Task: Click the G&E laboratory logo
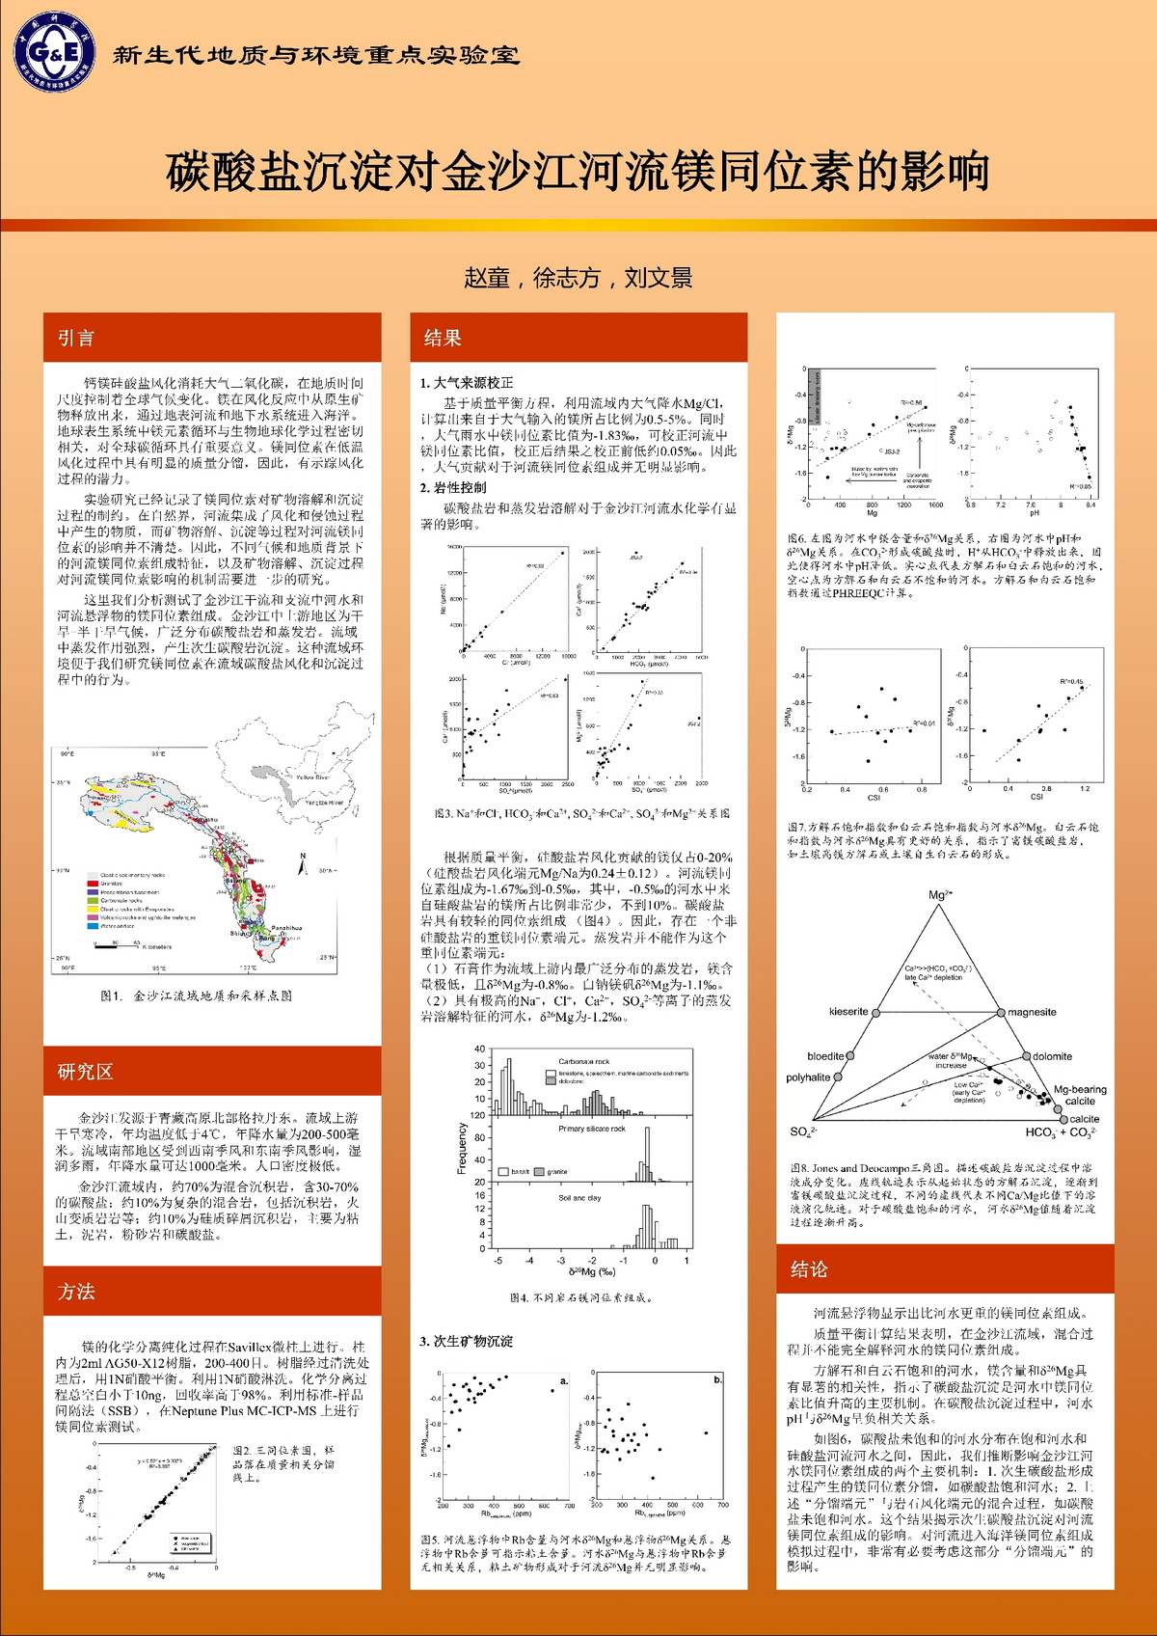(x=54, y=52)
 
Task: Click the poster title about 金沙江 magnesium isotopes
(x=578, y=172)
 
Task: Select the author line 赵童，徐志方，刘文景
(x=578, y=278)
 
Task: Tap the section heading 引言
(x=76, y=338)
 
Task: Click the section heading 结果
(x=443, y=338)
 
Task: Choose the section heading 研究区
(x=85, y=1071)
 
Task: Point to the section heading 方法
(x=76, y=1292)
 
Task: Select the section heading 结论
(x=809, y=1269)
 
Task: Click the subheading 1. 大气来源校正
(x=467, y=383)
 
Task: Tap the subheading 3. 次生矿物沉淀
(x=466, y=1341)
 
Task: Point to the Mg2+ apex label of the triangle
(x=940, y=895)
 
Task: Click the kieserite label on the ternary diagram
(x=848, y=1012)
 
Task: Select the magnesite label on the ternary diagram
(x=1032, y=1012)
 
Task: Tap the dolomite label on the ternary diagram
(x=1052, y=1056)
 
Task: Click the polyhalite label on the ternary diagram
(x=808, y=1077)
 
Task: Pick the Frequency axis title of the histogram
(x=462, y=1148)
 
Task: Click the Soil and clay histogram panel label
(x=579, y=1198)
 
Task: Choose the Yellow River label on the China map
(x=312, y=777)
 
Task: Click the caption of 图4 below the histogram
(x=581, y=1297)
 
